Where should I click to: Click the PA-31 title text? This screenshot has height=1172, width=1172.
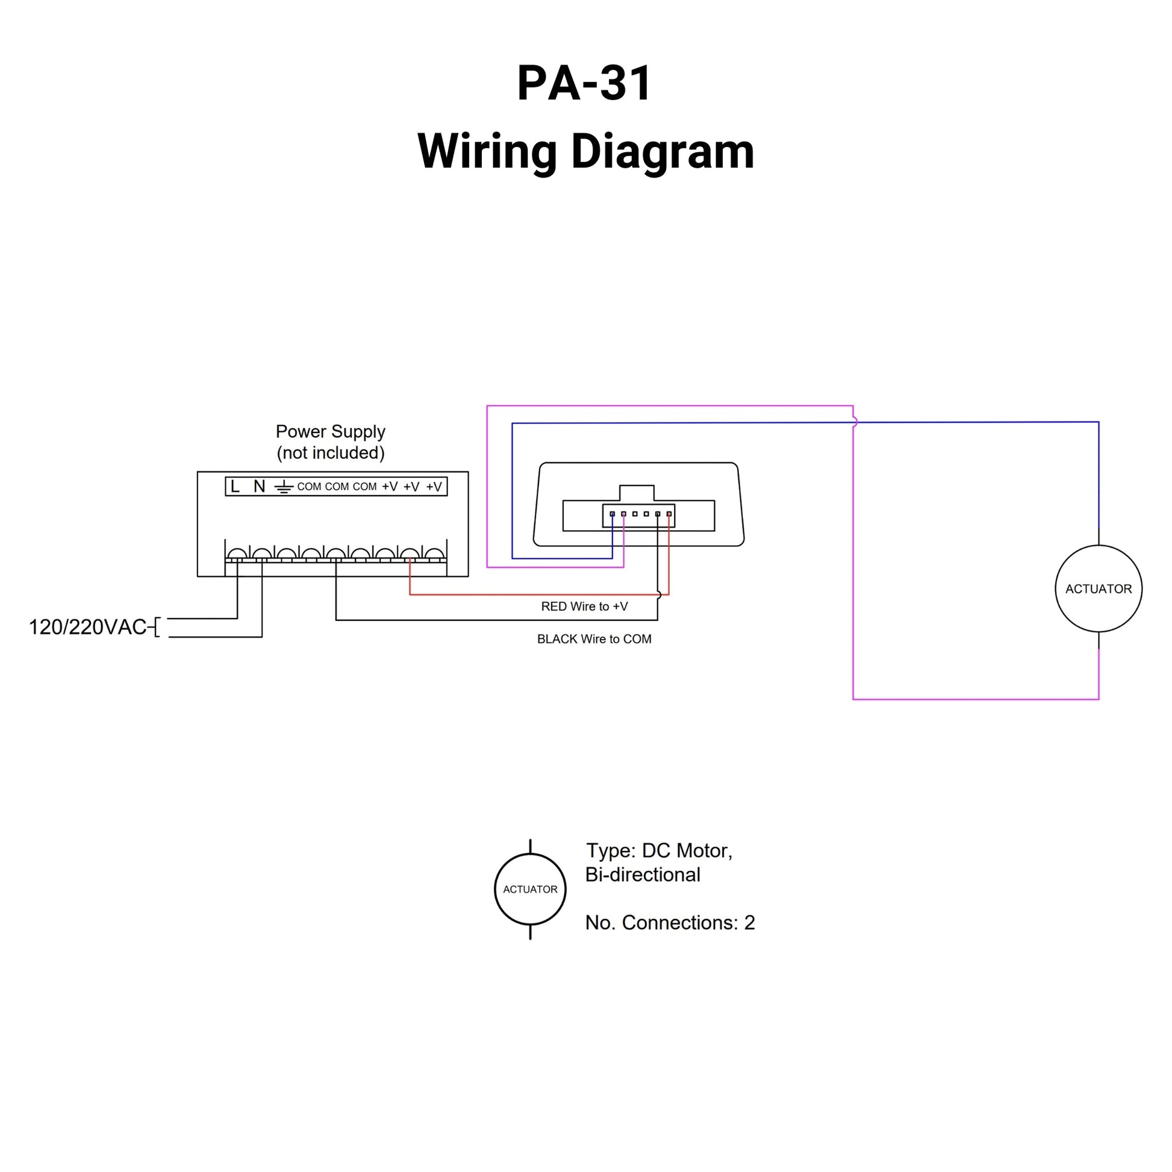(584, 83)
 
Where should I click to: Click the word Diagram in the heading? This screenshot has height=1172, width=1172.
(662, 152)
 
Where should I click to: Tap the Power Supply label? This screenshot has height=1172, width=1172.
(331, 431)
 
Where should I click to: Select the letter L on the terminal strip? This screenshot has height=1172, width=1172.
(235, 487)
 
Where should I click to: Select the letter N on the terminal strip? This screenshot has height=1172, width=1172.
(260, 487)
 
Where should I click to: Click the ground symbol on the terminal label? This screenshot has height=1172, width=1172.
(283, 487)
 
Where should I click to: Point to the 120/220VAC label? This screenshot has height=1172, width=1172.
(88, 626)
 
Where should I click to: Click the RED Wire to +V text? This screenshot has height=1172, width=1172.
(584, 606)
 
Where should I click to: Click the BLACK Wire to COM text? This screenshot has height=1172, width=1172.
(594, 639)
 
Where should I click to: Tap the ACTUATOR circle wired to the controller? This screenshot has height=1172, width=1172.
(1098, 588)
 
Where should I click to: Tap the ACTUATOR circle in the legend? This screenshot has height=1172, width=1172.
(530, 890)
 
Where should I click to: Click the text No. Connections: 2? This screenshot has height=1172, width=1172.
(670, 923)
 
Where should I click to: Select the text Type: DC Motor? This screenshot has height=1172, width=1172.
(659, 850)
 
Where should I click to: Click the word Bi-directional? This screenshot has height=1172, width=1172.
(643, 874)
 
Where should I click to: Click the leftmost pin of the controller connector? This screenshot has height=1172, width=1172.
(612, 514)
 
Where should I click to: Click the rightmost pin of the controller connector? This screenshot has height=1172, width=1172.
(669, 514)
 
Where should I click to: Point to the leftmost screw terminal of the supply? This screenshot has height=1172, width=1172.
(237, 554)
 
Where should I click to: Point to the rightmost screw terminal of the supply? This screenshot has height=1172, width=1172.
(434, 554)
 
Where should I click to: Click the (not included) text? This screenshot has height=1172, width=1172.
(331, 453)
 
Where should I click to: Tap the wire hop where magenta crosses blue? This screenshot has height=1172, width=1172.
(854, 422)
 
